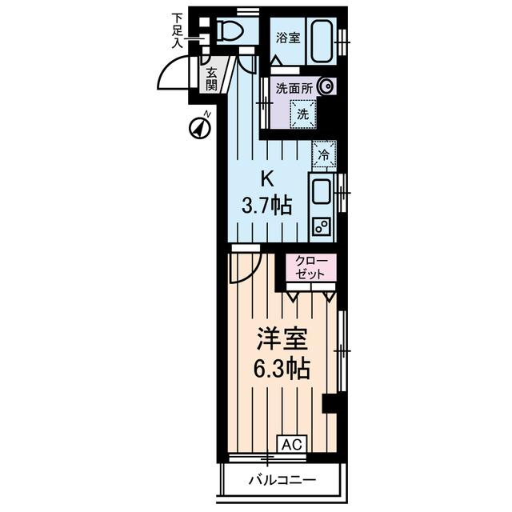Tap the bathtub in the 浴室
[x=323, y=37]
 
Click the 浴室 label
[x=288, y=38]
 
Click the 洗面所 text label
[x=294, y=88]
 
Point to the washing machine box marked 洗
[x=302, y=114]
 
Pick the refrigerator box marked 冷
[x=323, y=153]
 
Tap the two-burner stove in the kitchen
[x=322, y=226]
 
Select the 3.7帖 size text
[x=266, y=206]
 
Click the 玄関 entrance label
[x=211, y=79]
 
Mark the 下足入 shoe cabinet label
[x=178, y=30]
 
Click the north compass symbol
[x=199, y=126]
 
